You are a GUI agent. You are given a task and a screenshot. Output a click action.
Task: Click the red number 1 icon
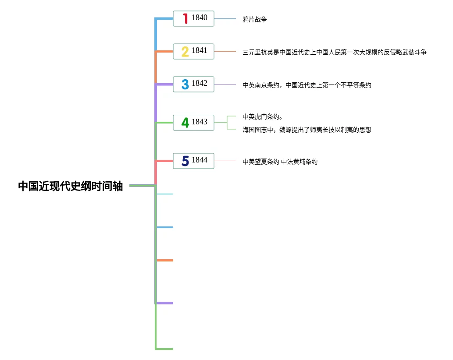[x=185, y=18]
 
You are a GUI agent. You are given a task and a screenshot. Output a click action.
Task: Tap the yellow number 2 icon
[x=185, y=52]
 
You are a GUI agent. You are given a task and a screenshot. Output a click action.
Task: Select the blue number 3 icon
[x=185, y=84]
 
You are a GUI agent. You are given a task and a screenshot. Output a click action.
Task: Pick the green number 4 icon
[x=185, y=123]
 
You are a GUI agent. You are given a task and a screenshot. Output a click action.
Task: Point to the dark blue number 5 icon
[x=185, y=161]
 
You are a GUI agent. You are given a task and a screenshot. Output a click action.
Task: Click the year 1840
[x=200, y=18]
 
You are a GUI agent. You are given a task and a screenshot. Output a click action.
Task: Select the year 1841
[x=200, y=51]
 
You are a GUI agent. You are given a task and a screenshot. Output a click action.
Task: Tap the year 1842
[x=200, y=83]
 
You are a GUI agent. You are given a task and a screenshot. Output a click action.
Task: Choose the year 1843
[x=200, y=122]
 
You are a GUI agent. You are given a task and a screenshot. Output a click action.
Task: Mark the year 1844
[x=200, y=160]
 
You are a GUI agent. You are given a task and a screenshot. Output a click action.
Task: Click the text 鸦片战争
[x=255, y=19]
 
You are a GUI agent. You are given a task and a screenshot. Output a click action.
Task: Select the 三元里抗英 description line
[x=334, y=53]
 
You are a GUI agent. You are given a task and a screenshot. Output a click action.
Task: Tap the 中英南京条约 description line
[x=307, y=85]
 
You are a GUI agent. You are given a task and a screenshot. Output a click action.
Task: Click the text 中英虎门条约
[x=262, y=116]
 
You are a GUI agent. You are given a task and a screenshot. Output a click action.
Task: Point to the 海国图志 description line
[x=307, y=130]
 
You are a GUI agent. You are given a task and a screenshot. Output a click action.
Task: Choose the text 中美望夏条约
[x=260, y=162]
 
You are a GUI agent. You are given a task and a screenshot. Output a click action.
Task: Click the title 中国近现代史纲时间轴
[x=70, y=187]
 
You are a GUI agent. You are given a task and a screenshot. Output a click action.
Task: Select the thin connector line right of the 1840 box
[x=225, y=19]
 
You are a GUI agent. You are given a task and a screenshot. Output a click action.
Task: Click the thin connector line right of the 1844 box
[x=225, y=161]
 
